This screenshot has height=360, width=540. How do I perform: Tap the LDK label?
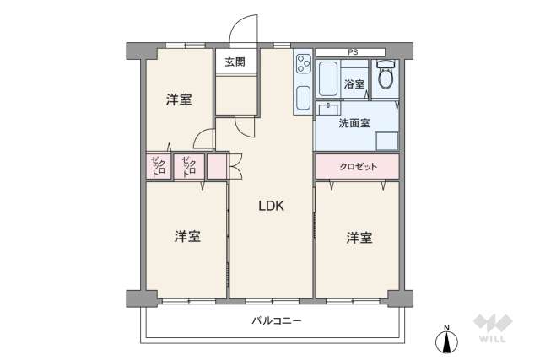click(271, 205)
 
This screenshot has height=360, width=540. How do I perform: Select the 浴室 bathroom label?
click(354, 84)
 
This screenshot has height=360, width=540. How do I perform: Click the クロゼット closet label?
click(358, 166)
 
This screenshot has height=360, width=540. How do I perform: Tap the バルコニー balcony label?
click(275, 320)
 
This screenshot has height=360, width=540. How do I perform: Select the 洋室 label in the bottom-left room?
click(187, 236)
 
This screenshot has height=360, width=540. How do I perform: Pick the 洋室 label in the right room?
click(359, 238)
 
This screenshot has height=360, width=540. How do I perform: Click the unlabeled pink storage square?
click(217, 165)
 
